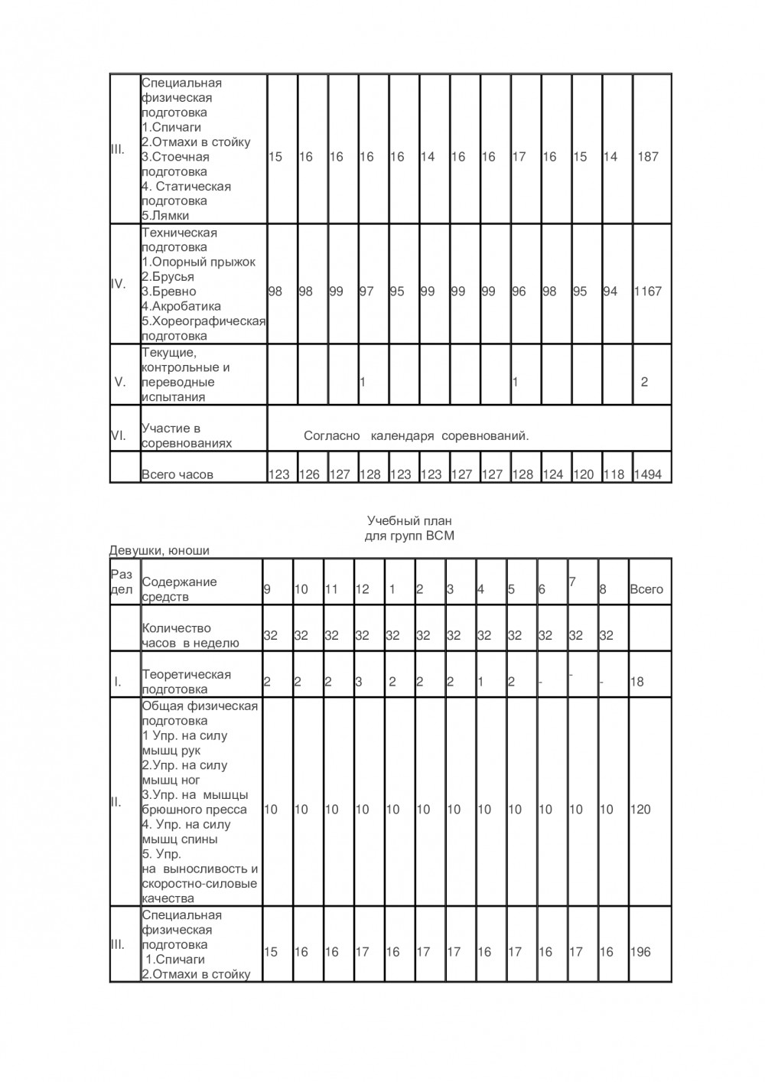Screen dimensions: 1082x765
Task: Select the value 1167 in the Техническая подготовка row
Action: coord(648,292)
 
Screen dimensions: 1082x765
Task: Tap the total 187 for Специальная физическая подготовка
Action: coord(648,157)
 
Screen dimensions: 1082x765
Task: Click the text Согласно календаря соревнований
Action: coord(416,436)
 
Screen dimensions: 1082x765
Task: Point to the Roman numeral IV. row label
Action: coord(119,284)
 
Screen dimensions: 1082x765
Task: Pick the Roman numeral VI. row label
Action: coord(119,435)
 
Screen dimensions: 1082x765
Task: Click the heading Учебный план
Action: coord(410,521)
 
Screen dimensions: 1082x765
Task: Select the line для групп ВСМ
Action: coord(410,536)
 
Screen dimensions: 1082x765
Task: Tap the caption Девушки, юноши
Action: coord(159,550)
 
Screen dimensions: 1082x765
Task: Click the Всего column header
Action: coord(646,589)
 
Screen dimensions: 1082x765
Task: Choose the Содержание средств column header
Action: coord(179,589)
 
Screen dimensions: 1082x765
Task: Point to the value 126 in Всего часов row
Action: coord(309,474)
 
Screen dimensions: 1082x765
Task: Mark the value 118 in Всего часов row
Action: coord(614,474)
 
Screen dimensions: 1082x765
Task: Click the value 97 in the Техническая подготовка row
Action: coord(366,292)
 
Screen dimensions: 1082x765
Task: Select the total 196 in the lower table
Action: coord(640,952)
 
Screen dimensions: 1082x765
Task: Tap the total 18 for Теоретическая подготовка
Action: coord(636,682)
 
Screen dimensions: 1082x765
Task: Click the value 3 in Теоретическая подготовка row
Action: coord(359,682)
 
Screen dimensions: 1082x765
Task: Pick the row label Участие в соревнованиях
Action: coord(187,436)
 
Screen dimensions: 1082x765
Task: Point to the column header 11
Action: coord(331,589)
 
